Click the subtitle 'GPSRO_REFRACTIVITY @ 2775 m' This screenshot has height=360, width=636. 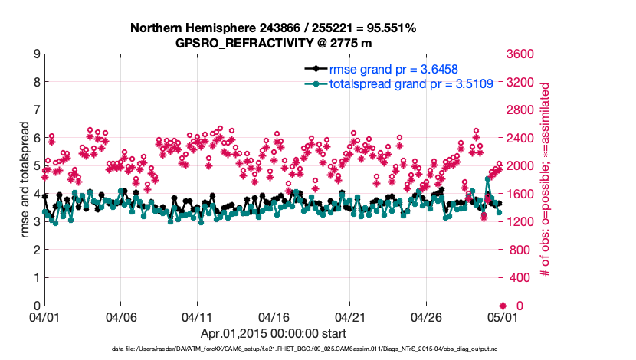point(273,43)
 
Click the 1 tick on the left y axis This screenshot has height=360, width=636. point(35,278)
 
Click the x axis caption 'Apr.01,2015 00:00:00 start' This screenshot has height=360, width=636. point(273,333)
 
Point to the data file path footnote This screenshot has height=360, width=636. point(305,349)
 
